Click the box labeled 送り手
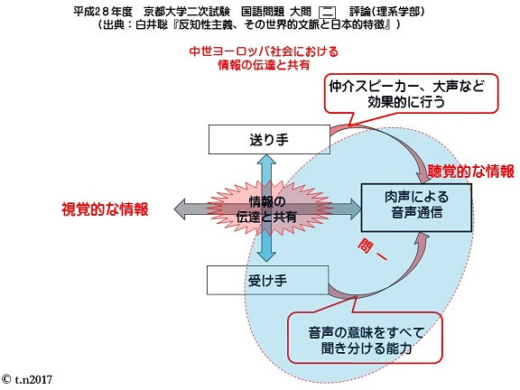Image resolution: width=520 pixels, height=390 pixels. pos(269,139)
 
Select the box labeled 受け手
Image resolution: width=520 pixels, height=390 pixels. pos(267,280)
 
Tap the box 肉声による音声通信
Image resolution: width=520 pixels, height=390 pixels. pos(416,208)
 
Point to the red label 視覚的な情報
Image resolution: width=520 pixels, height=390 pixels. pos(105,209)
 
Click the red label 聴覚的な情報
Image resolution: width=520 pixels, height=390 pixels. pos(470,172)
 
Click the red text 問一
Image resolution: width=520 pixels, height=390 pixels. pos(372,249)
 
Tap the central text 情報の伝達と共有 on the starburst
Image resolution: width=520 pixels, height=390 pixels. pos(266,209)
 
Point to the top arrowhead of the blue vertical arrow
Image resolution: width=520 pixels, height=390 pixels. pos(266,160)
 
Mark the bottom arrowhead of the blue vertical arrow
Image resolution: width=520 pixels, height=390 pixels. pos(266,256)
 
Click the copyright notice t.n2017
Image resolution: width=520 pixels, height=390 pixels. pos(27,379)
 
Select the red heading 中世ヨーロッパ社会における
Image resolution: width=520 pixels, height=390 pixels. pos(264,51)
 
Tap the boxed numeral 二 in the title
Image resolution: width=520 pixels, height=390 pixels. pos(327,13)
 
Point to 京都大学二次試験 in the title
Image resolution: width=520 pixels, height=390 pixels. pos(187,12)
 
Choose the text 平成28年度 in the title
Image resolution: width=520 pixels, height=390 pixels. pos(103,12)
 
